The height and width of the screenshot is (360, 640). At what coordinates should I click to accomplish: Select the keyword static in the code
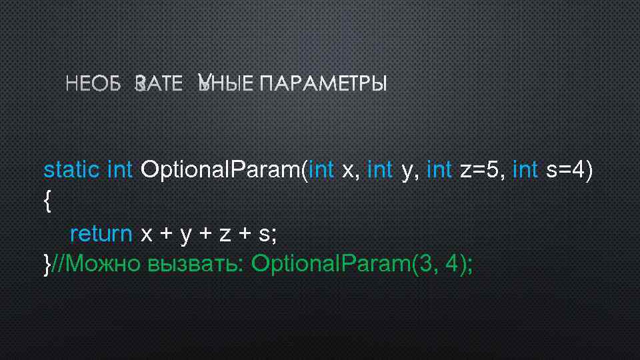[71, 170]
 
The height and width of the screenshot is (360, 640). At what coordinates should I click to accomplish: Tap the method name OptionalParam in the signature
[220, 170]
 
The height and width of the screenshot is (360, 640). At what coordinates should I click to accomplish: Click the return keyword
[101, 234]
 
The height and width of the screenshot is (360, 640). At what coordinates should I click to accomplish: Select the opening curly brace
[46, 202]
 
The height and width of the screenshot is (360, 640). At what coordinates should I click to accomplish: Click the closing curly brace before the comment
[46, 265]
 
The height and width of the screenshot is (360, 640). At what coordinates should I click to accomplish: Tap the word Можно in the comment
[103, 265]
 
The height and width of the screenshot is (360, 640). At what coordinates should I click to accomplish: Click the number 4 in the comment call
[455, 265]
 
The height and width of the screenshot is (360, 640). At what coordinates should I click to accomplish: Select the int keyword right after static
[120, 170]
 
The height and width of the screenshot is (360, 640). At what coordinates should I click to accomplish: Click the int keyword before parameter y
[380, 170]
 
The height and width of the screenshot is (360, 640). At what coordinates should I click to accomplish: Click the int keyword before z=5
[439, 170]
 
